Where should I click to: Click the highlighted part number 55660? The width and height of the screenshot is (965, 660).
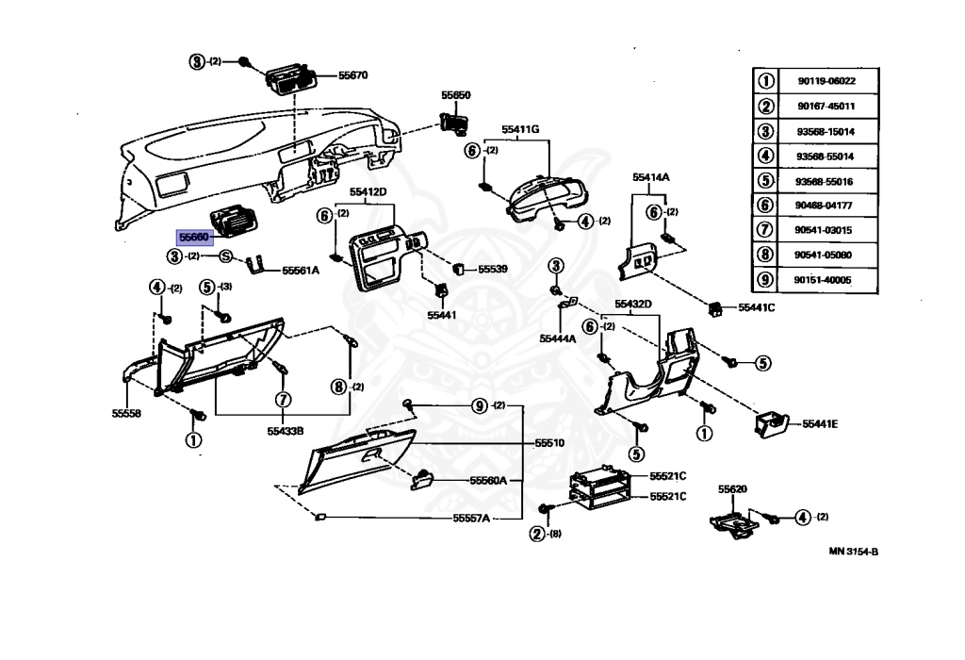(x=195, y=238)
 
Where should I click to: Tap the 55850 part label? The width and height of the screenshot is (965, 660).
(x=455, y=95)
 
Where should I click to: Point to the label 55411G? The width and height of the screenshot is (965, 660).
(x=520, y=129)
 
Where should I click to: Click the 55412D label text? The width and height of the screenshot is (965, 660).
(x=368, y=192)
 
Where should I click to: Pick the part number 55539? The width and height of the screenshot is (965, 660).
(x=492, y=269)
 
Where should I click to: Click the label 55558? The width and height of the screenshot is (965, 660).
(x=126, y=413)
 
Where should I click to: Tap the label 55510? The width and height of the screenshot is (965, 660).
(x=549, y=442)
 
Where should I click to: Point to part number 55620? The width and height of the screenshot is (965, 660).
(x=732, y=489)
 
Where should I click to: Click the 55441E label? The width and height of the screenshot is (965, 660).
(x=820, y=424)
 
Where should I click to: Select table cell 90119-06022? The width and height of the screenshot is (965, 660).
(x=825, y=81)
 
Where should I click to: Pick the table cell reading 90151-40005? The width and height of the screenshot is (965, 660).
(x=825, y=280)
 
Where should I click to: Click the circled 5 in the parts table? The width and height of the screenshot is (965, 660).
(x=766, y=181)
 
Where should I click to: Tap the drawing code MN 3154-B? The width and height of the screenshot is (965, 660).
(x=853, y=552)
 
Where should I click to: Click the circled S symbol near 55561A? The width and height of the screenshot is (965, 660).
(x=226, y=256)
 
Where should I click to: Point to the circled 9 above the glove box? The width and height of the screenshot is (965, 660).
(x=480, y=405)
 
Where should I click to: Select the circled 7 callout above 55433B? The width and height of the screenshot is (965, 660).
(x=281, y=400)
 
